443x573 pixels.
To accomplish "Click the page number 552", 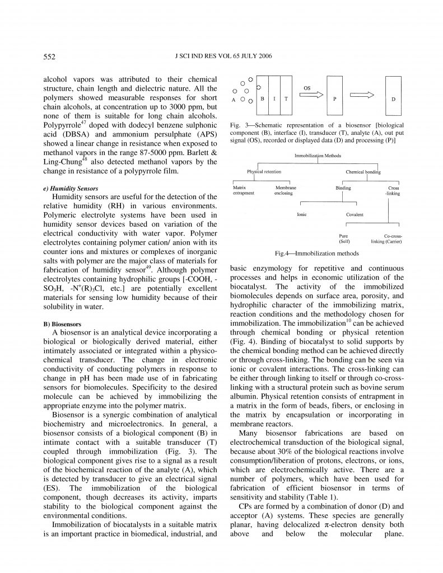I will pos(49,57).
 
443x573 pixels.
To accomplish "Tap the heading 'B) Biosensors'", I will pos(62,324).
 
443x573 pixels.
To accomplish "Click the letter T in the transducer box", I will pos(286,98).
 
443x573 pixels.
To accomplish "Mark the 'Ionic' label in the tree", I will pos(301,214).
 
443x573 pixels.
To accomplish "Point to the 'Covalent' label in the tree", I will pos(355,214).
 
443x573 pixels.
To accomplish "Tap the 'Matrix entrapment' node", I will pos(243,190).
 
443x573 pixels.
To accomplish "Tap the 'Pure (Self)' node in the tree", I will pos(344,239).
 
